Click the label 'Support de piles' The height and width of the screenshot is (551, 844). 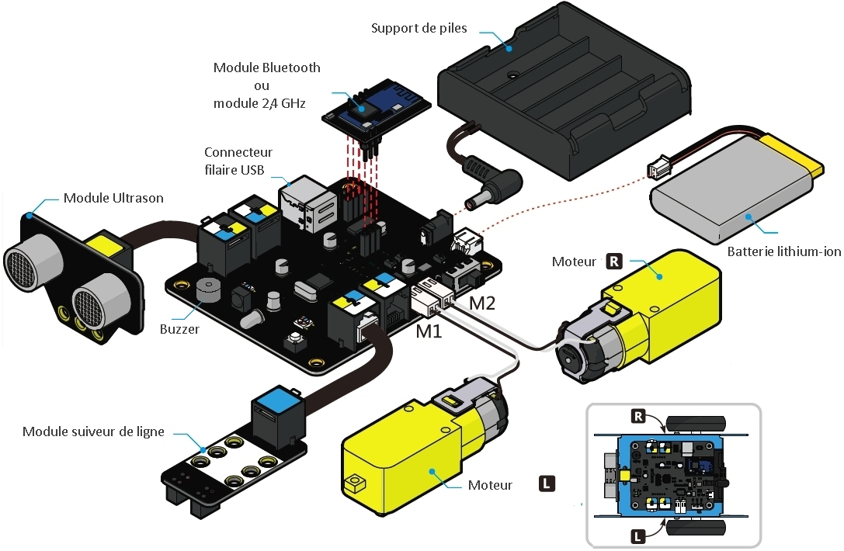(419, 29)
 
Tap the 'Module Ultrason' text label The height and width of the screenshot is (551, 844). (113, 198)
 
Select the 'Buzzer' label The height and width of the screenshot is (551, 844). (180, 329)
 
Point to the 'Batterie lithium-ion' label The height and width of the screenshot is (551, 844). (784, 251)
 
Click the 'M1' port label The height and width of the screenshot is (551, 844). (429, 331)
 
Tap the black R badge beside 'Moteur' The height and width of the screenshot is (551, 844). (613, 261)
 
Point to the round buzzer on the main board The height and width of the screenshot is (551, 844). (207, 289)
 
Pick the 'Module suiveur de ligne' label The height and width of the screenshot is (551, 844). (93, 431)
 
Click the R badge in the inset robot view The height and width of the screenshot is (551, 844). (637, 417)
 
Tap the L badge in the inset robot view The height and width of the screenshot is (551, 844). (637, 535)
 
